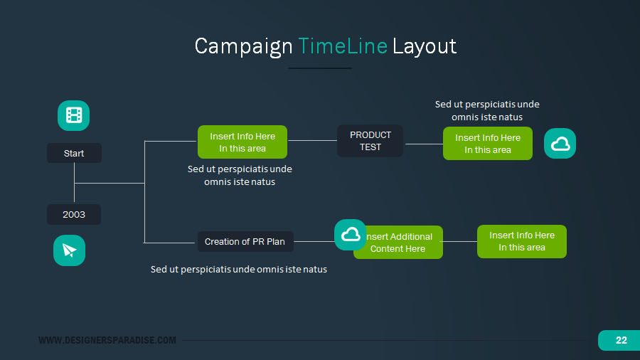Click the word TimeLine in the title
(x=343, y=46)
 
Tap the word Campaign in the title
(x=243, y=46)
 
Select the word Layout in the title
(x=425, y=46)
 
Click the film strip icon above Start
(x=73, y=115)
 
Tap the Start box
(x=74, y=153)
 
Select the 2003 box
(x=74, y=214)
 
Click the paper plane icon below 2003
(x=69, y=250)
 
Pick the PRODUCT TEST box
(x=370, y=141)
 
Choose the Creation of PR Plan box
(x=245, y=241)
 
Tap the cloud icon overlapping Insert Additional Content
(x=350, y=234)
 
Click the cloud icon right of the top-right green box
(x=560, y=144)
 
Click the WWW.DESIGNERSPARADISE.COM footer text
(x=107, y=340)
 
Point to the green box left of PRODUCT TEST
(x=242, y=142)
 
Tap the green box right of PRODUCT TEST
(x=487, y=143)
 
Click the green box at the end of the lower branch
(x=521, y=241)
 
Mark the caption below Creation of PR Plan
(x=239, y=270)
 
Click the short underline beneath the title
(x=319, y=68)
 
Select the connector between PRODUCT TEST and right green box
(x=423, y=144)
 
